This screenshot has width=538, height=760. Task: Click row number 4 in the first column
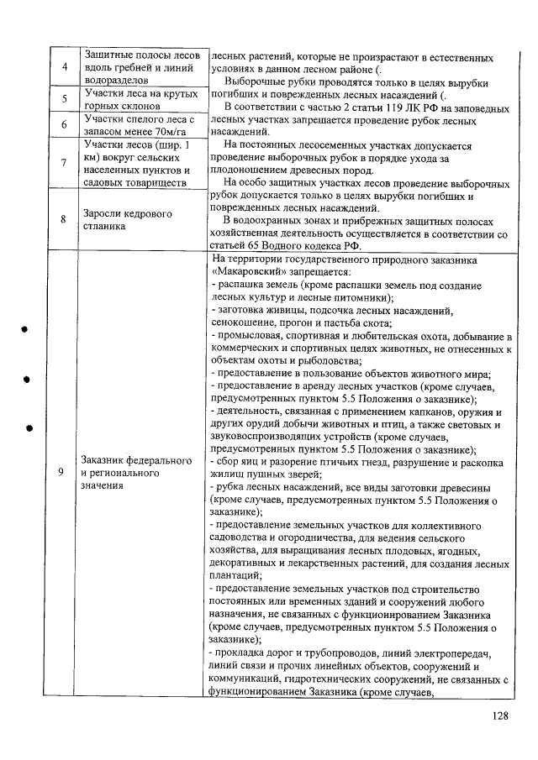coord(64,67)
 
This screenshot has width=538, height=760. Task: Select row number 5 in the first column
coord(64,100)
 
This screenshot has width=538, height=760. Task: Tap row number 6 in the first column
coord(64,125)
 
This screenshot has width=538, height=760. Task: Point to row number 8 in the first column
coord(64,220)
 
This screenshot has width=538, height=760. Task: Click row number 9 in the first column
coord(64,472)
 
